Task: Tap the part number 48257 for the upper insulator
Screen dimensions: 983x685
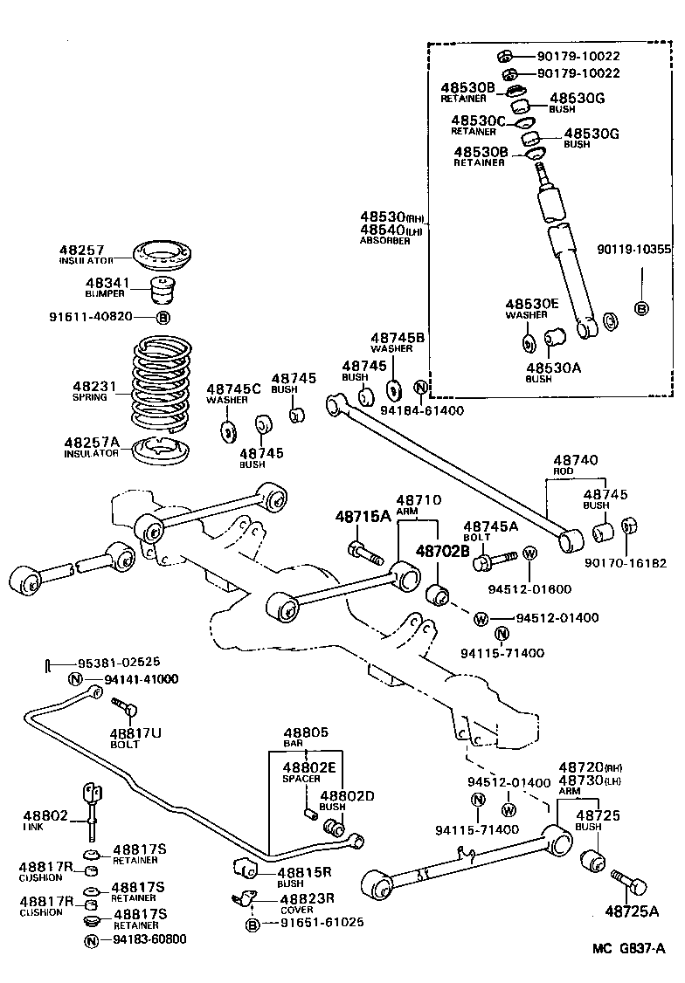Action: click(x=81, y=250)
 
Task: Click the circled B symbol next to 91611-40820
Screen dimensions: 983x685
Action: click(x=163, y=317)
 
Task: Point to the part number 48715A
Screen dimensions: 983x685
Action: click(x=363, y=516)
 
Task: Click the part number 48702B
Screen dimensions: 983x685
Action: click(x=442, y=551)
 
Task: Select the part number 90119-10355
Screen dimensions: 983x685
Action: click(x=635, y=249)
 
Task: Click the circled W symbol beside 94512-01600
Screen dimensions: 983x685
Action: click(x=529, y=553)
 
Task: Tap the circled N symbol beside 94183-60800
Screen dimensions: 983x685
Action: click(x=91, y=940)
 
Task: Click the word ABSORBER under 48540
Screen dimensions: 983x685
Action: click(x=385, y=241)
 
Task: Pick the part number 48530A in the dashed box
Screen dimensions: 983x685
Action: click(x=552, y=368)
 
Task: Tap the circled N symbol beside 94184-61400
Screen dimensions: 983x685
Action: click(x=420, y=387)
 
